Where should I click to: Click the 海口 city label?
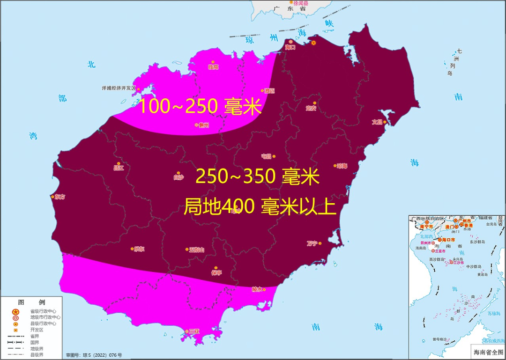coord(290,47)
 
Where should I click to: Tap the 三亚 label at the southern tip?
coord(194,331)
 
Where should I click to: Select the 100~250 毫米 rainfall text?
coord(199,107)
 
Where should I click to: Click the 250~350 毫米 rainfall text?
coord(257,177)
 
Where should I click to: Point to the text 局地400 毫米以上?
coord(260,206)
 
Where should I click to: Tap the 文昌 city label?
coord(377,122)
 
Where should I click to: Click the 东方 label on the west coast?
coord(60,197)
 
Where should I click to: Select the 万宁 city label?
coord(312,243)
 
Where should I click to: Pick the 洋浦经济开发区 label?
coord(119,88)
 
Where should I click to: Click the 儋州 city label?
coord(203,125)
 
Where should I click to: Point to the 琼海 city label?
coord(342,166)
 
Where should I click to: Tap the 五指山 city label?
coord(197,250)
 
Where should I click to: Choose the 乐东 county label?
coord(139,249)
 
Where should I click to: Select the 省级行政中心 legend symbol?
coord(15,311)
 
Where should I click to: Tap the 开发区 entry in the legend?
coord(37,330)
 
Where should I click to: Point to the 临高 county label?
coord(213,67)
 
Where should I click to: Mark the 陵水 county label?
coord(257,290)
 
